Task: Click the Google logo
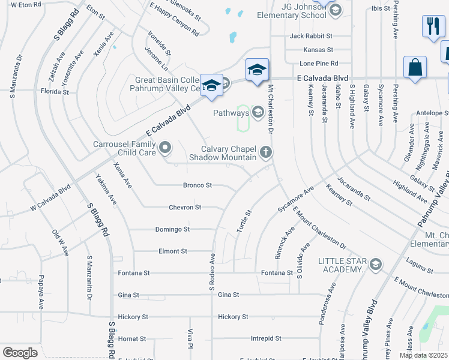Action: click(20, 353)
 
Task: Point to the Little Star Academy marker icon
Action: click(375, 265)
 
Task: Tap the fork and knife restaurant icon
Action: click(432, 27)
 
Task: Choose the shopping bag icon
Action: click(415, 68)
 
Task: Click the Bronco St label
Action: click(197, 185)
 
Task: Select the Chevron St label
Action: click(185, 207)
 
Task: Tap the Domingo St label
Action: click(173, 229)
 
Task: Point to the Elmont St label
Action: click(173, 251)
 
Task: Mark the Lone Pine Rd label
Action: click(319, 63)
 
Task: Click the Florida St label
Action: click(55, 92)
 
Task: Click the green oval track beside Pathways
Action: click(243, 118)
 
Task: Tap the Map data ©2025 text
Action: click(423, 355)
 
